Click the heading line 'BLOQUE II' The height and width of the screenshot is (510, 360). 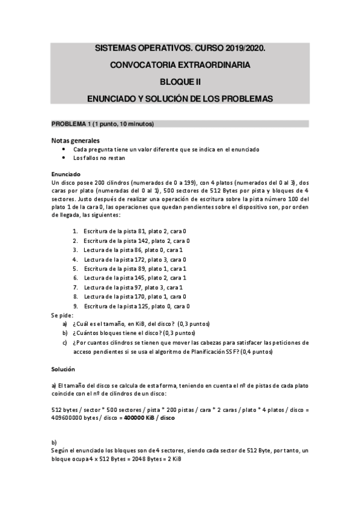click(180, 81)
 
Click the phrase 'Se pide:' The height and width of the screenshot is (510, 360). click(62, 315)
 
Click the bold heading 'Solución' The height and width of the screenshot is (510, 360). click(63, 368)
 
